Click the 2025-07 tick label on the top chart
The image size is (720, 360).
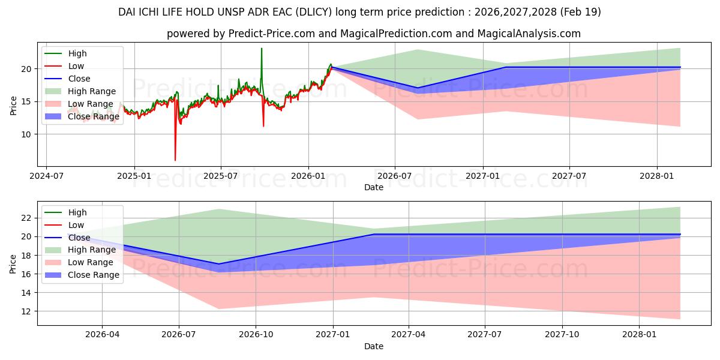(221, 176)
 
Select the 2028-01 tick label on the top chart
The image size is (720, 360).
(656, 176)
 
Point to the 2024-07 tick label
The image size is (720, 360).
(46, 176)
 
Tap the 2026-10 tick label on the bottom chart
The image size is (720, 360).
(256, 335)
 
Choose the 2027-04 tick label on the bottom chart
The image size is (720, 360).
(408, 335)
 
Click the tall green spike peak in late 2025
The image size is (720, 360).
(262, 49)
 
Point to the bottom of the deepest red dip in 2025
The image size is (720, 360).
(175, 160)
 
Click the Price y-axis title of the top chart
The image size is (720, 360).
(13, 106)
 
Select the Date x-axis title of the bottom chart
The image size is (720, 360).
(373, 346)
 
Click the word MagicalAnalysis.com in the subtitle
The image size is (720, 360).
(529, 34)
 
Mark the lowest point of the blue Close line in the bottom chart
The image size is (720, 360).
(219, 264)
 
